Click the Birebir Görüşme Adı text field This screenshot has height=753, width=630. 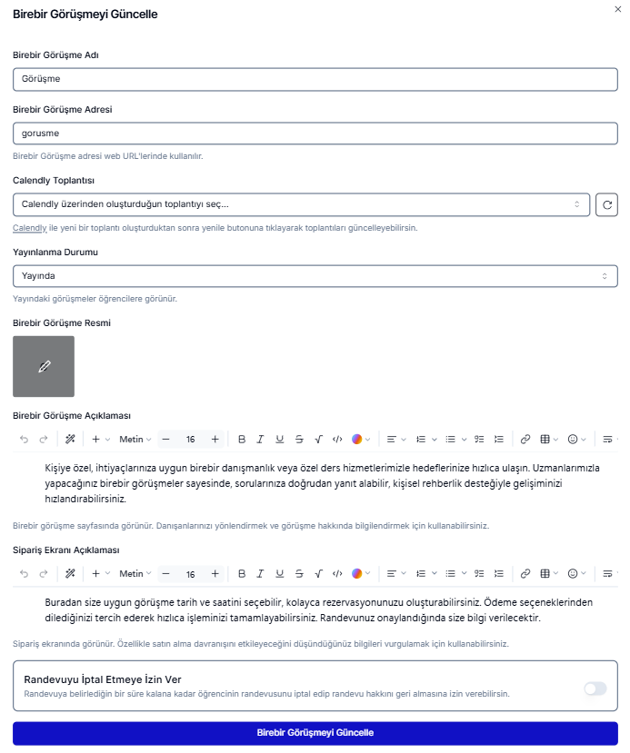pos(315,79)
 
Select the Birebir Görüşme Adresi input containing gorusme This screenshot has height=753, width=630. pos(315,134)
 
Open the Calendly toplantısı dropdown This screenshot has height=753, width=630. pos(301,204)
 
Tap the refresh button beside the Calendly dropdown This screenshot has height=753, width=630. pos(606,204)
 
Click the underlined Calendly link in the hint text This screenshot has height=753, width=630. pos(29,228)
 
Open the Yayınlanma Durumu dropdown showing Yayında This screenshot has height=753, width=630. pos(315,275)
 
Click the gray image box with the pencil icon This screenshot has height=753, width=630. pos(44,366)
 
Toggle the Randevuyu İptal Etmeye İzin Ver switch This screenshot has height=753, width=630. pos(595,689)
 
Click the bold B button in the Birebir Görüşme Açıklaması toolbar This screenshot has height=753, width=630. pos(242,440)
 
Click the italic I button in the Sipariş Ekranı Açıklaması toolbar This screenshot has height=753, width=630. pos(260,574)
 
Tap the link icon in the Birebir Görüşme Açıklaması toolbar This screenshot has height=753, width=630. pos(525,440)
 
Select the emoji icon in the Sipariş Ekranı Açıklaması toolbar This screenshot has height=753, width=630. pos(573,574)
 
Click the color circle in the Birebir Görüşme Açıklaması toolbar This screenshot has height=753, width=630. pos(357,440)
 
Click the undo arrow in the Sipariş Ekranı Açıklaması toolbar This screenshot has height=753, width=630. pos(24,574)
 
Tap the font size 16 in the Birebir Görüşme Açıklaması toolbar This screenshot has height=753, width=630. pos(190,440)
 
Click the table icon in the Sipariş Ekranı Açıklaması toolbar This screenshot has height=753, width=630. pos(545,574)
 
